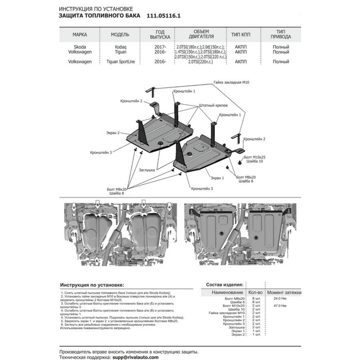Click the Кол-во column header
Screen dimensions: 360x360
pos(256,292)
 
